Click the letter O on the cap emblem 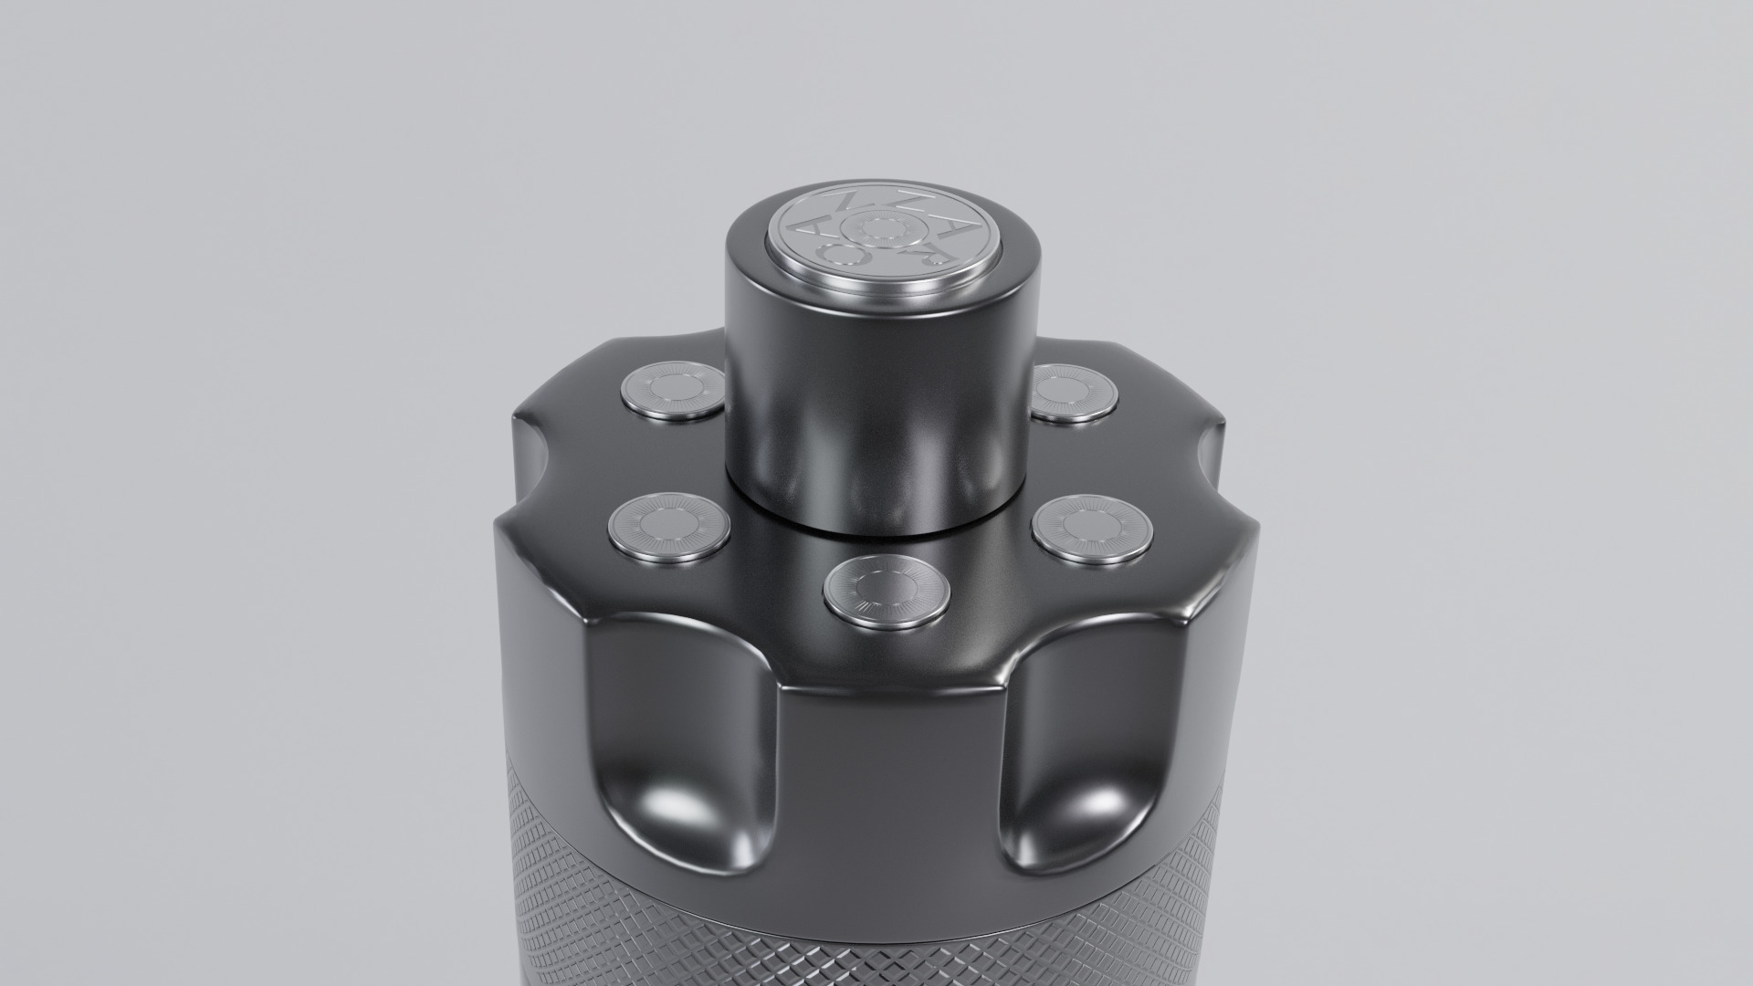[843, 254]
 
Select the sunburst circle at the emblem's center [884, 228]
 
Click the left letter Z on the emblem [849, 201]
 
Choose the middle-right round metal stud [1092, 528]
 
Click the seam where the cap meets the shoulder [876, 528]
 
